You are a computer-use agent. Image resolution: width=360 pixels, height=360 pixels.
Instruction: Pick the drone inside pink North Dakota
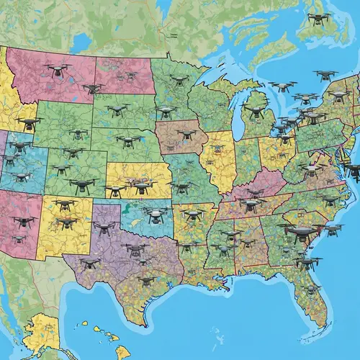pos(116,67)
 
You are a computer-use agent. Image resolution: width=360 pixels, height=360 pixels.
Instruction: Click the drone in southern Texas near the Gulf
pos(146,281)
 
